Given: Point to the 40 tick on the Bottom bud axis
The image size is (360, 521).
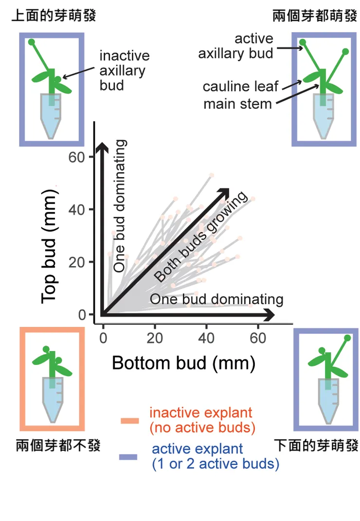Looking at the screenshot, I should tap(207, 338).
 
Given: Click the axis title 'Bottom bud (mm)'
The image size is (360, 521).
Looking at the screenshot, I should tap(183, 362).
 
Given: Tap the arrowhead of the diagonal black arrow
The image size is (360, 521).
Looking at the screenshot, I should tap(223, 193).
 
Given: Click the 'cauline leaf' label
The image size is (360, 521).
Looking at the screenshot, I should tap(241, 87).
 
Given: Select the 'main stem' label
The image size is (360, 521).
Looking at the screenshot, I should tap(237, 104).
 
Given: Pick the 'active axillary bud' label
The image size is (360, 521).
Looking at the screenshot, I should tap(236, 46).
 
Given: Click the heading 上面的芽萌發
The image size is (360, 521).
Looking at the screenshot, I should tap(54, 17).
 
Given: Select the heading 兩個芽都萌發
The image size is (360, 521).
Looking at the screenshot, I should tap(315, 17).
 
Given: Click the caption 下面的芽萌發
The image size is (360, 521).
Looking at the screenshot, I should tap(316, 445).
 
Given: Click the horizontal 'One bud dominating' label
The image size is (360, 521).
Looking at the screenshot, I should tap(216, 299).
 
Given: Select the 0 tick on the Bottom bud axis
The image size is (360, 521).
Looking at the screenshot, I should tap(103, 338).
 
